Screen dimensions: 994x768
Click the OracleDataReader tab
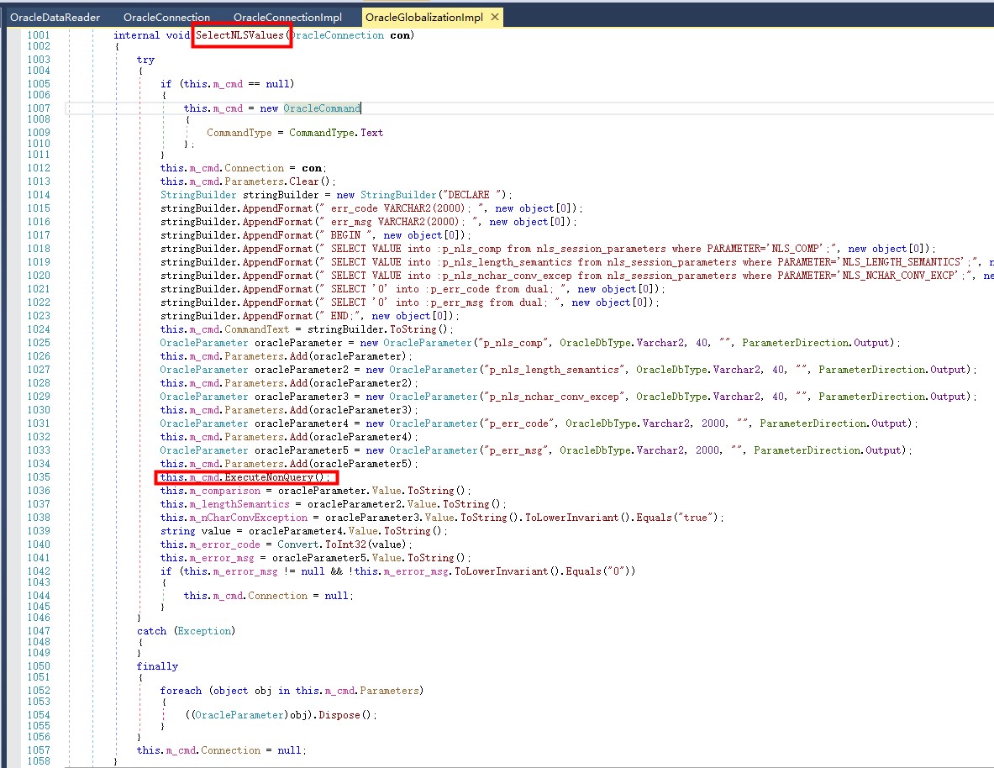pyautogui.click(x=55, y=17)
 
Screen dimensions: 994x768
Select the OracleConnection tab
pyautogui.click(x=166, y=17)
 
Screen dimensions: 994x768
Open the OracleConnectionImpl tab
pyautogui.click(x=287, y=17)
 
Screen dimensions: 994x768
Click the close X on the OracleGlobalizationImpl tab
pyautogui.click(x=494, y=17)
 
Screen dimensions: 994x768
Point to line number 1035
pyautogui.click(x=38, y=477)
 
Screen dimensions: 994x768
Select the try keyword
pyautogui.click(x=145, y=60)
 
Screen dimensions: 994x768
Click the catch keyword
pyautogui.click(x=152, y=630)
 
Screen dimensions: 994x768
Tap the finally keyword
pyautogui.click(x=157, y=666)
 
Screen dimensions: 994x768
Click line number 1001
pyautogui.click(x=38, y=35)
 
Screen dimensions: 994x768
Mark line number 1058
pyautogui.click(x=38, y=761)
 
